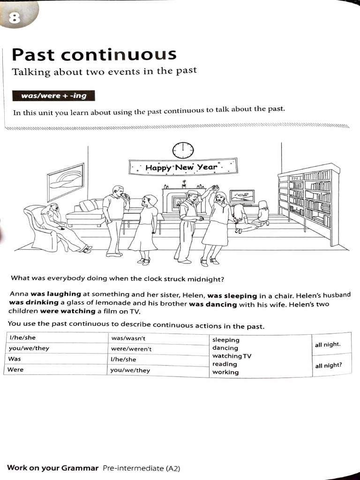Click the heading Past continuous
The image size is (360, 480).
tap(94, 55)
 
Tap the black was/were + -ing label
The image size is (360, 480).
tap(53, 96)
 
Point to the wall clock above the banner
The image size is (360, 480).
tap(183, 150)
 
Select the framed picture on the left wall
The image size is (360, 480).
tap(66, 181)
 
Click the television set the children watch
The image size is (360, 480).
tap(242, 196)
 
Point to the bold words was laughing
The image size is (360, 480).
tap(56, 294)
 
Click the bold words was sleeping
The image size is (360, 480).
tap(232, 296)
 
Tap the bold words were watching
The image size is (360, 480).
tap(67, 311)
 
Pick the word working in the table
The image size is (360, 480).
tap(225, 372)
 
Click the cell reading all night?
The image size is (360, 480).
tap(328, 366)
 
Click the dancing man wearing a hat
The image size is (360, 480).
tap(188, 225)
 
